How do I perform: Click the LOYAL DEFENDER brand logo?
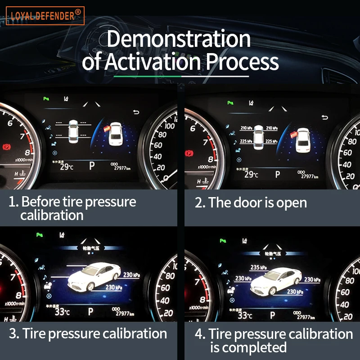click(45, 16)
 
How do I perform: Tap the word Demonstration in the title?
click(178, 39)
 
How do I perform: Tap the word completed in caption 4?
click(254, 347)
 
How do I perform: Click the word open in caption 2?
click(292, 203)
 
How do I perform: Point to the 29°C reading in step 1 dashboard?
click(66, 166)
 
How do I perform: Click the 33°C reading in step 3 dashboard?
click(62, 312)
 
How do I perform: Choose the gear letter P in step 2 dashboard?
click(278, 174)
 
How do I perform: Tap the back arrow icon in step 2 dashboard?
click(325, 118)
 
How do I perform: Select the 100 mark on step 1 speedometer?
click(170, 126)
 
